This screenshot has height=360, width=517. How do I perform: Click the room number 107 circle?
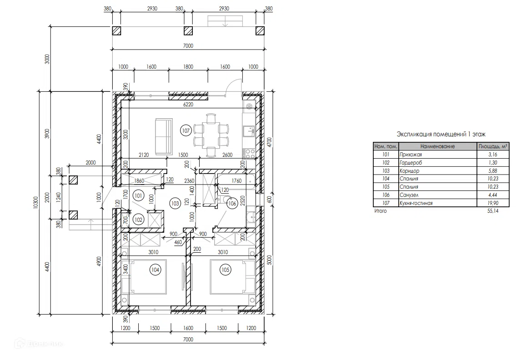point(186,131)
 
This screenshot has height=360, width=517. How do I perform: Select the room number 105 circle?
point(225,270)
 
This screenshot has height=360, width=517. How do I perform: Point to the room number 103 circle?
point(175,203)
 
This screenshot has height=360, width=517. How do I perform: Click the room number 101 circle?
point(138,196)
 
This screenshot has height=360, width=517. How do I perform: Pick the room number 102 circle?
point(138,220)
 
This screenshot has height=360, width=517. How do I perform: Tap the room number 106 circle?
point(232,203)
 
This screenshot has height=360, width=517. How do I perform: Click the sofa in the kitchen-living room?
point(164,136)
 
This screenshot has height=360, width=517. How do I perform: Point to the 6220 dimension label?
point(188,105)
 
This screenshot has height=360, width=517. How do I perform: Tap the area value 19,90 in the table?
point(493,203)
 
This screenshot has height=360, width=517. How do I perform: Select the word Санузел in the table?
point(409,195)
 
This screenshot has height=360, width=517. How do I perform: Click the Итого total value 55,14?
point(493,210)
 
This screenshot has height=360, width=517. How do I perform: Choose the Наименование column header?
point(437,146)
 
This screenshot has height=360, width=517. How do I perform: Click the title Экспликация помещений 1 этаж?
point(441,134)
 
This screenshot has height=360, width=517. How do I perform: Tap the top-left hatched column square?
point(117,30)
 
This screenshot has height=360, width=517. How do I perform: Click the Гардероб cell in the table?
point(411,163)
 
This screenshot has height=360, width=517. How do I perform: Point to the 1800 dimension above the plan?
point(188,67)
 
